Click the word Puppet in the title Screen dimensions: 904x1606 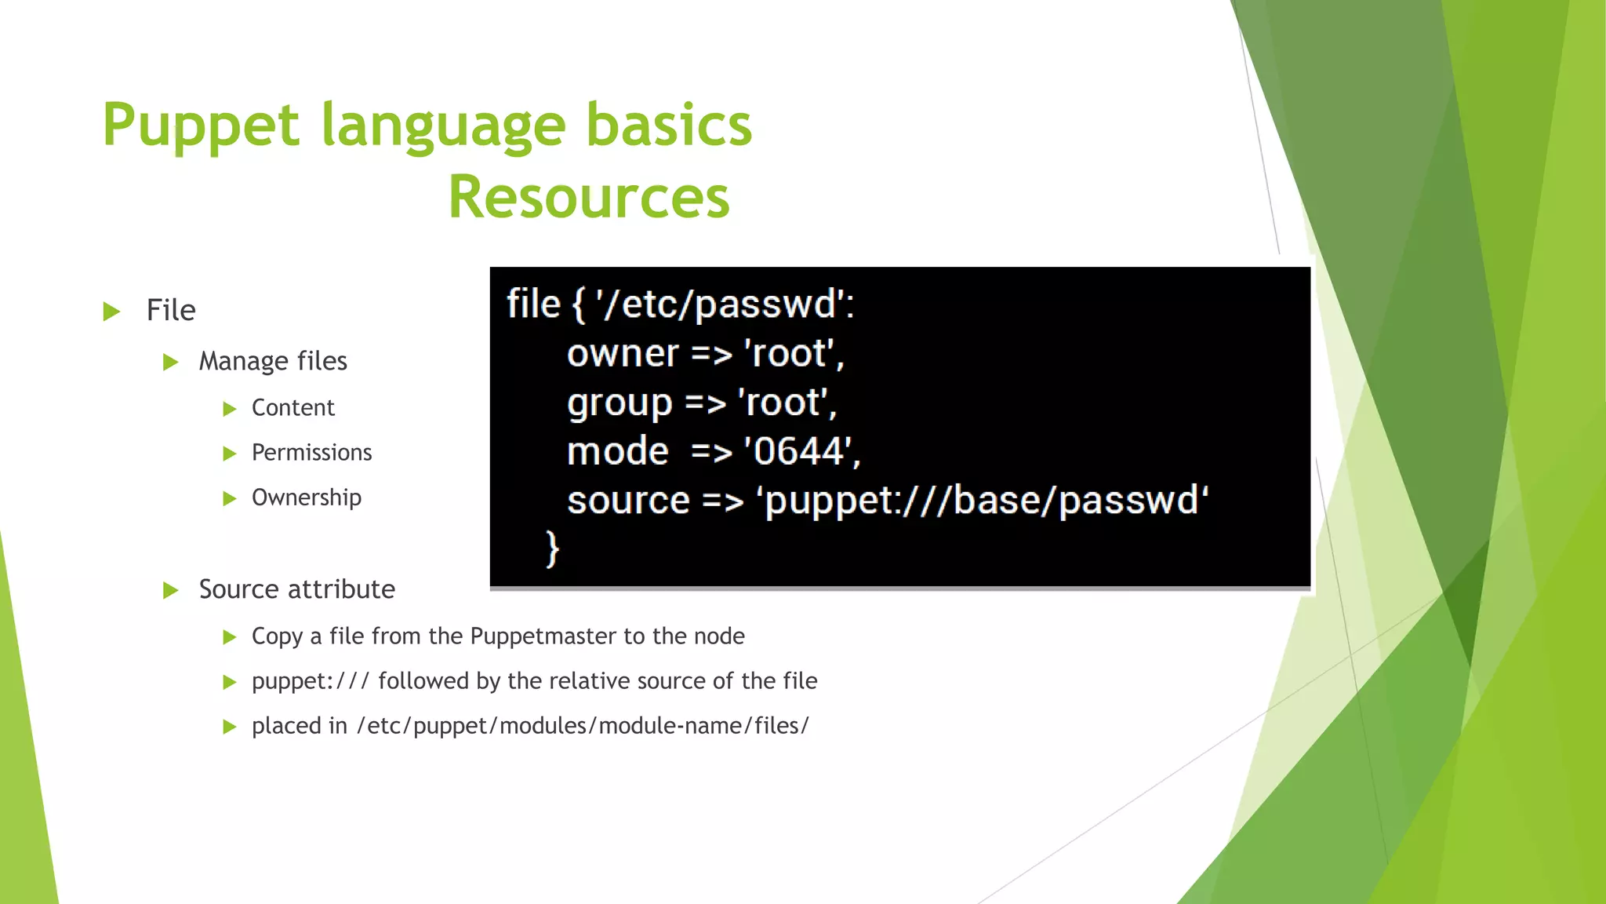tap(201, 126)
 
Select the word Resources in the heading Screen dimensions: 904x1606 tap(589, 197)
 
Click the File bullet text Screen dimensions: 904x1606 tap(171, 311)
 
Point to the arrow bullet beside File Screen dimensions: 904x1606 tap(112, 312)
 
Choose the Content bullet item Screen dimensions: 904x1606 tap(292, 408)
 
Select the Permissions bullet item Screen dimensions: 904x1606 tap(311, 453)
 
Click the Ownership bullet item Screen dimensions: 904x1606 tap(306, 498)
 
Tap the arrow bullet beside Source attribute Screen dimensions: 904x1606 tap(171, 590)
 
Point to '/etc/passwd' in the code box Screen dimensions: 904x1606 tap(721, 304)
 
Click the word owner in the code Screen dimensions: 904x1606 tap(623, 354)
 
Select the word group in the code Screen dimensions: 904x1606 tap(620, 403)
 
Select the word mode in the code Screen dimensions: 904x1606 tap(618, 452)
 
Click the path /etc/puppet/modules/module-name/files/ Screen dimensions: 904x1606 tap(583, 726)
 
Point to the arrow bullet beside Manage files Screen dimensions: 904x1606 tap(171, 363)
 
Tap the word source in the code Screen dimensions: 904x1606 tap(628, 501)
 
